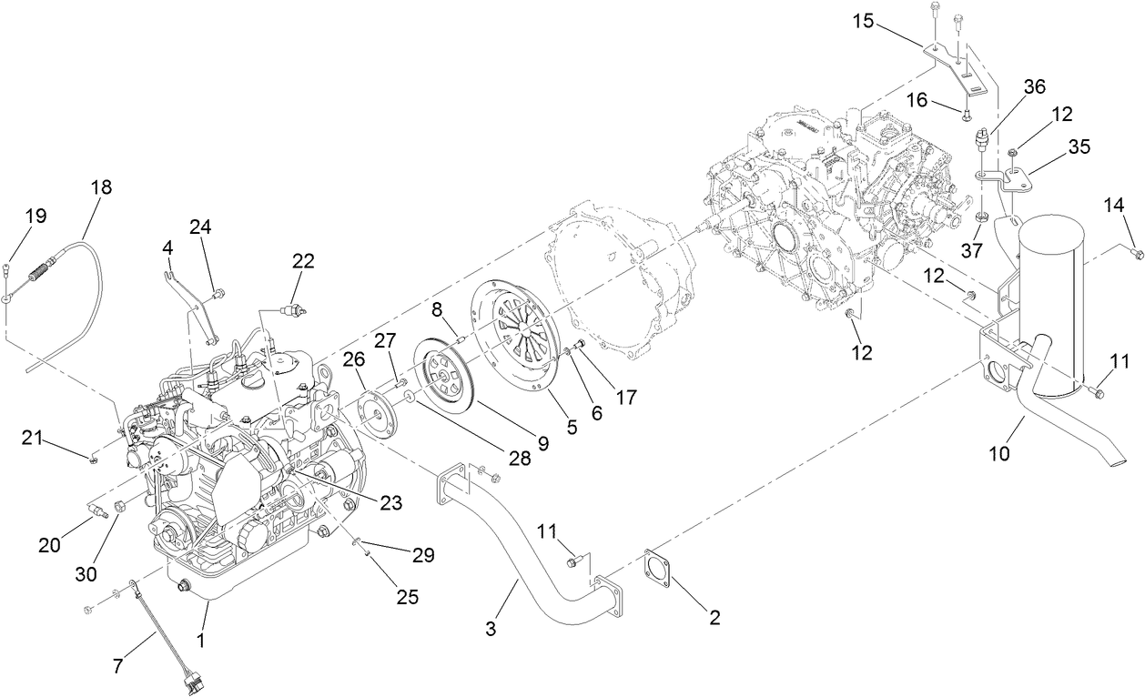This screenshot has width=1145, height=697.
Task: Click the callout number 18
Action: [101, 187]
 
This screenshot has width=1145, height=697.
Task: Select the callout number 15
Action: [863, 20]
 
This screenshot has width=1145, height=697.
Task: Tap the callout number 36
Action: [1034, 86]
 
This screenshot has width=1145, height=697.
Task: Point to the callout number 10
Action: [999, 452]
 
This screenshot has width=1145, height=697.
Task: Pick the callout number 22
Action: [303, 260]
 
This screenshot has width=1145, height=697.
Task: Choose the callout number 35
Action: [1079, 146]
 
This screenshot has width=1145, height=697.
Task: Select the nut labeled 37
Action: [980, 218]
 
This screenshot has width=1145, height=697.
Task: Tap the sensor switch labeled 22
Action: [291, 312]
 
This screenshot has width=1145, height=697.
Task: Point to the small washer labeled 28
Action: [410, 397]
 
